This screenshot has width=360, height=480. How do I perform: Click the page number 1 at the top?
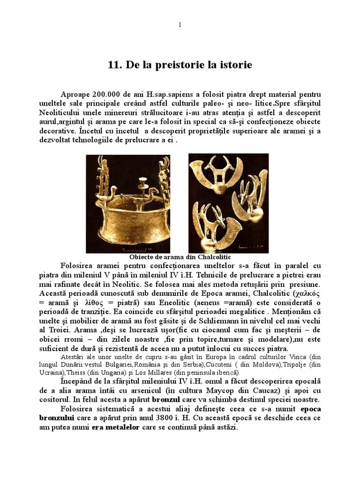click(x=180, y=25)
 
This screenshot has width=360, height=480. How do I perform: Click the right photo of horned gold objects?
click(x=228, y=203)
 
